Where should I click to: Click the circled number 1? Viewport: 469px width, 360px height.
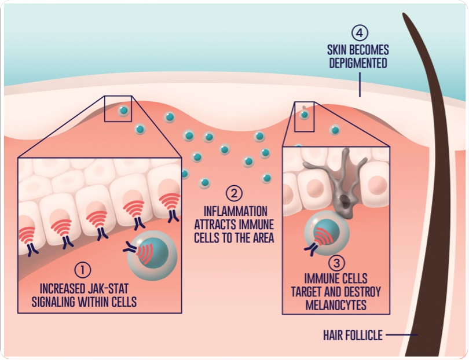coord(83,269)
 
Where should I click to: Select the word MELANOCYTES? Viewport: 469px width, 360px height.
coord(336,305)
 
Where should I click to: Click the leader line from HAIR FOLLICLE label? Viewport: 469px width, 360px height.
coord(401,335)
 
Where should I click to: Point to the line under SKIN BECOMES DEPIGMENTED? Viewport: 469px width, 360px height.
coord(359,84)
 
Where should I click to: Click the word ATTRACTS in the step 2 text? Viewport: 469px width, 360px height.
coord(216,225)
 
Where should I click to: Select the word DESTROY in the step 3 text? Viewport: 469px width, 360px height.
coord(362,291)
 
